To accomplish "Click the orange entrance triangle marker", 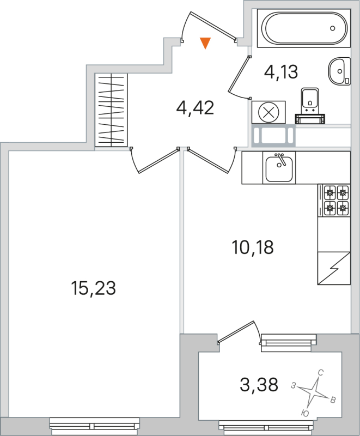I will click(x=205, y=43).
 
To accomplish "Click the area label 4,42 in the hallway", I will click(x=195, y=107).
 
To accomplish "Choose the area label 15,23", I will click(x=94, y=287).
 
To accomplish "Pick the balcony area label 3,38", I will click(x=259, y=385).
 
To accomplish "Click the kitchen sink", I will click(x=279, y=167).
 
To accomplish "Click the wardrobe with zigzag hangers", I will click(x=111, y=110).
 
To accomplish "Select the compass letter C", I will click(x=321, y=373).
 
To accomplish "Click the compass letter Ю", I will click(x=304, y=413).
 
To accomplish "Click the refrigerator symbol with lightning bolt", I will click(x=333, y=268).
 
